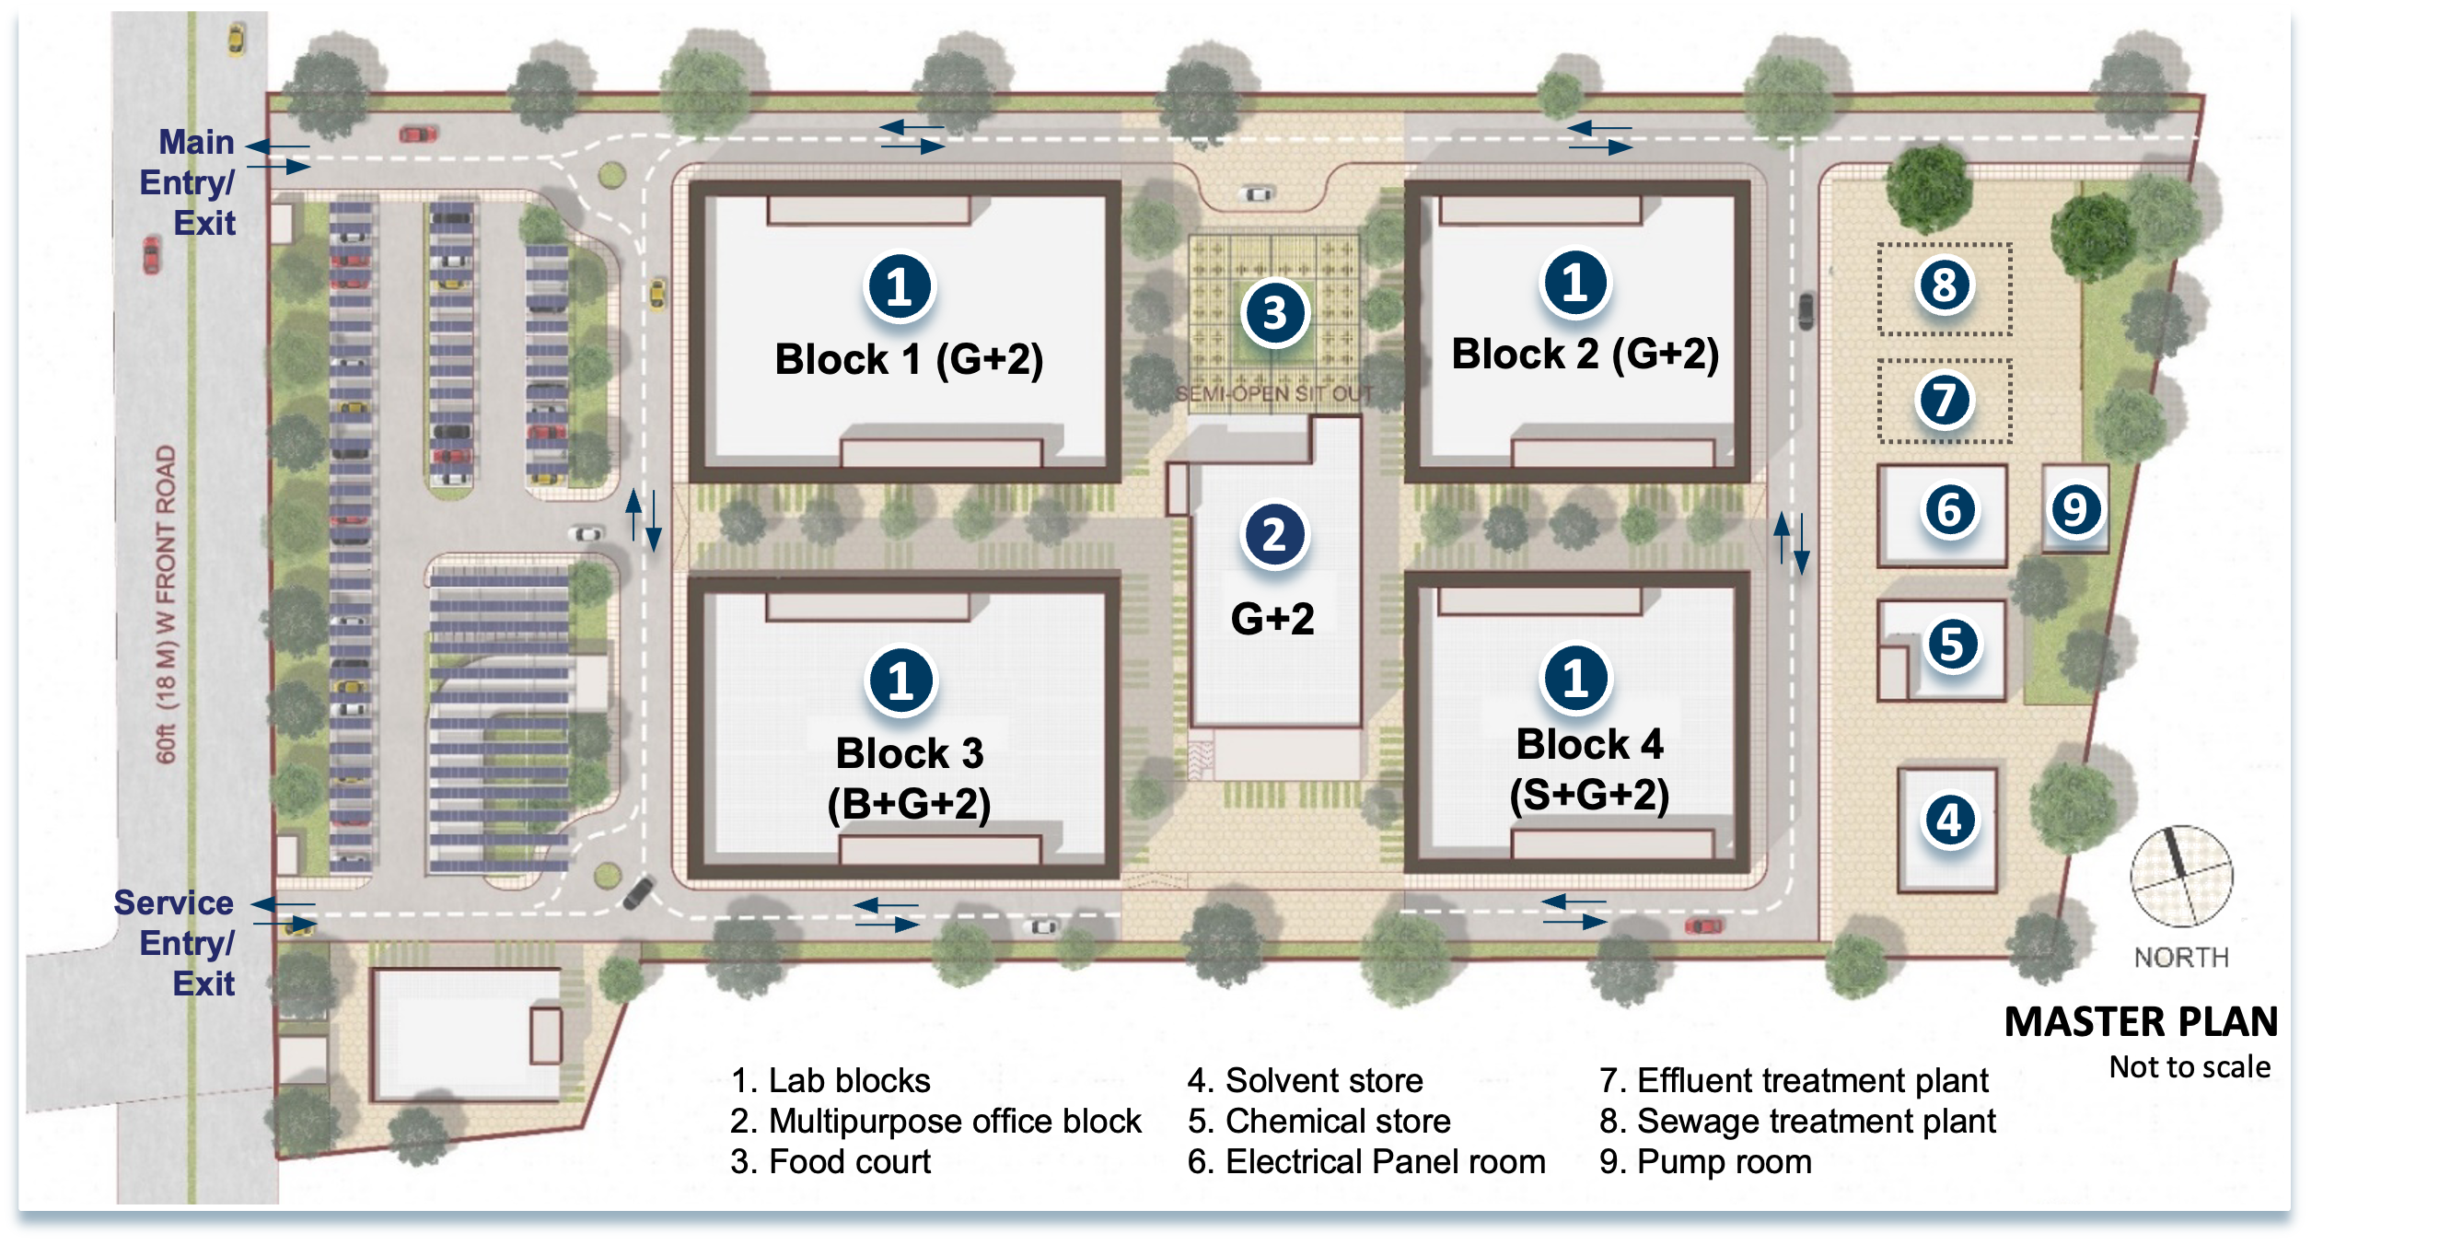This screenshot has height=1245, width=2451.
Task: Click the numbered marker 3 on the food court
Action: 1275,313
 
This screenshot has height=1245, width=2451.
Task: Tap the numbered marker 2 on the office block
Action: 1274,534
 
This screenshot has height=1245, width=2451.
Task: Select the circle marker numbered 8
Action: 1944,285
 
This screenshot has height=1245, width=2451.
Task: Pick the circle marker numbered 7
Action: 1944,400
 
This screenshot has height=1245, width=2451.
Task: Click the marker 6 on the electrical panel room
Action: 1949,510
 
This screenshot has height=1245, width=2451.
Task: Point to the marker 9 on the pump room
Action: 2075,508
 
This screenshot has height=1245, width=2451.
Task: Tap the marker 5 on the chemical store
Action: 1951,645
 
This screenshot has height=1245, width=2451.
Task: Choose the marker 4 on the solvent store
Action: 1949,820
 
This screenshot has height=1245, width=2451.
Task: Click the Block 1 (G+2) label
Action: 909,360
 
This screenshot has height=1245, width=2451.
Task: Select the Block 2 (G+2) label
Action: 1586,355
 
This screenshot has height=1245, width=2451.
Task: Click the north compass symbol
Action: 2181,877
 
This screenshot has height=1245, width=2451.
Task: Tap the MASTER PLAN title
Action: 2141,1022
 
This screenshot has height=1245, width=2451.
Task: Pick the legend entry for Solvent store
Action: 1306,1080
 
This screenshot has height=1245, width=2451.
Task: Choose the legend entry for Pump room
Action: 1705,1162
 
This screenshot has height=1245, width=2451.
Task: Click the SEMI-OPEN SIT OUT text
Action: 1274,394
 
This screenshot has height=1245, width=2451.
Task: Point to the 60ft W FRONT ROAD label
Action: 166,604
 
